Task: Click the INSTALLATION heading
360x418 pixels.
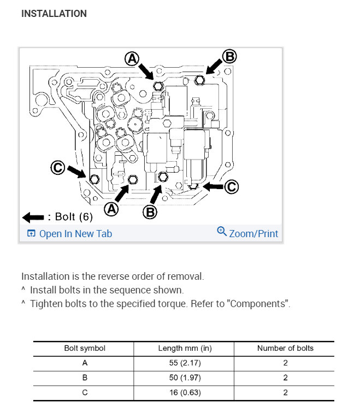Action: (x=54, y=14)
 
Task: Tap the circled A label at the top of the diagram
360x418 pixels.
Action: (x=132, y=58)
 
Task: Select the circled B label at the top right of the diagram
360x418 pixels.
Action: (x=230, y=56)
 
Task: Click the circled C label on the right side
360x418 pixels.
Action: (x=231, y=187)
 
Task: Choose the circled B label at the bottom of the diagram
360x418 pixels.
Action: (x=150, y=211)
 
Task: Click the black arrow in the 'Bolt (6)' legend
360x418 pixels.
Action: (x=33, y=217)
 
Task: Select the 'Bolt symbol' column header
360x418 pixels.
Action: (x=84, y=348)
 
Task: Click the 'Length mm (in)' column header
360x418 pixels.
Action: (x=184, y=348)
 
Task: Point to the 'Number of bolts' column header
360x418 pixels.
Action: (x=285, y=348)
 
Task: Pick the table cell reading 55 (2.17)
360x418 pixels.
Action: (x=184, y=363)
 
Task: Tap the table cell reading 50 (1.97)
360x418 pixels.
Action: (x=184, y=378)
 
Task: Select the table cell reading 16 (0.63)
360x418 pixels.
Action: (x=184, y=392)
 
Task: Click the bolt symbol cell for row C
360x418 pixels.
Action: (x=84, y=392)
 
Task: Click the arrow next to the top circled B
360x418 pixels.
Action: (x=215, y=66)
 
